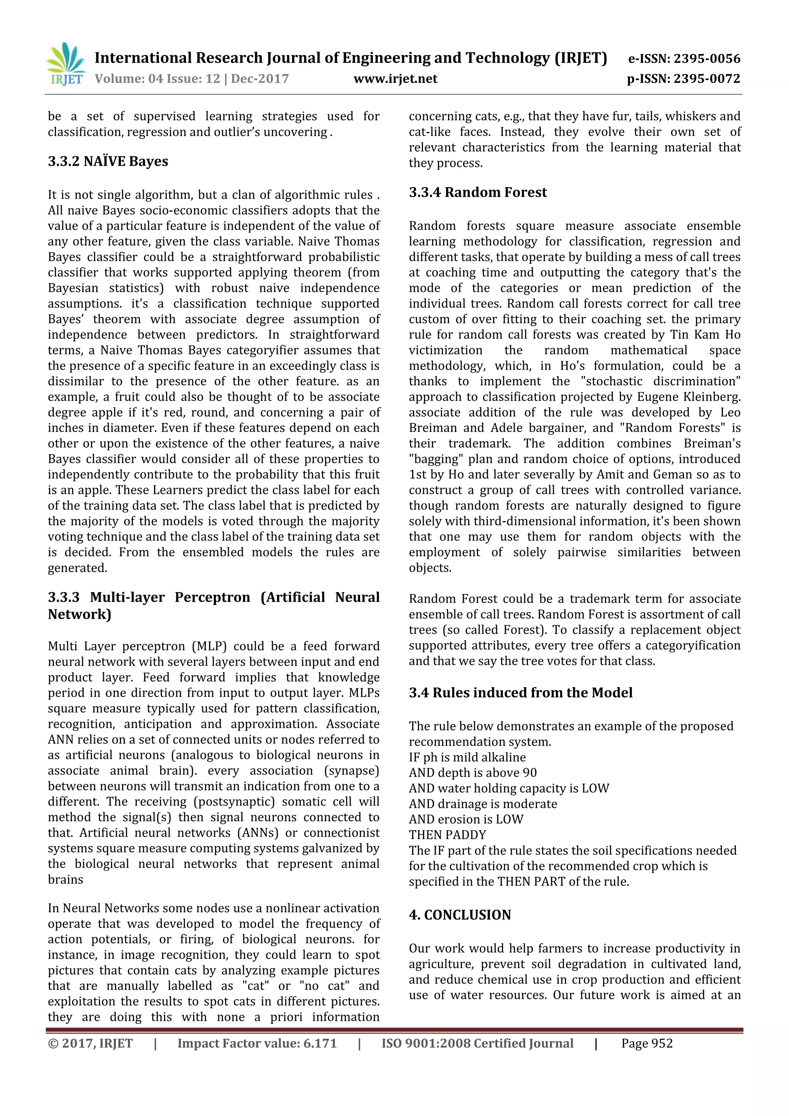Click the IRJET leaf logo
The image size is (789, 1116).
point(65,64)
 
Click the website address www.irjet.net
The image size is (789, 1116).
point(395,79)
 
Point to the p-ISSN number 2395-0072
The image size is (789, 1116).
point(707,79)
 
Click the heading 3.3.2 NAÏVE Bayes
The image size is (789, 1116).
point(108,161)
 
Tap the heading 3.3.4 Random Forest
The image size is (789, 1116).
point(477,193)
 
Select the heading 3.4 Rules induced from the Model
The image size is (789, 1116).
point(520,693)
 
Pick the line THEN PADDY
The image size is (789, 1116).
point(447,834)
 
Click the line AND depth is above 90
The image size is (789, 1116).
point(473,772)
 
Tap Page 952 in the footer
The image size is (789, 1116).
point(646,1043)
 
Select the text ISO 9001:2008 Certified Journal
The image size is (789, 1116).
point(477,1043)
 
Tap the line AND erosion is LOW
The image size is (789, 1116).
point(466,819)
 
